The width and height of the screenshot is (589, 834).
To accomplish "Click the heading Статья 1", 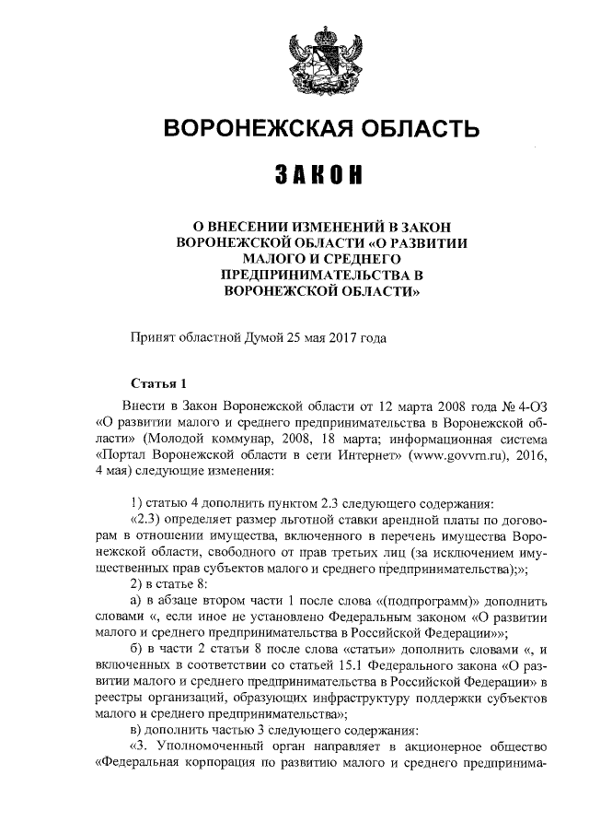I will [x=158, y=383].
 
